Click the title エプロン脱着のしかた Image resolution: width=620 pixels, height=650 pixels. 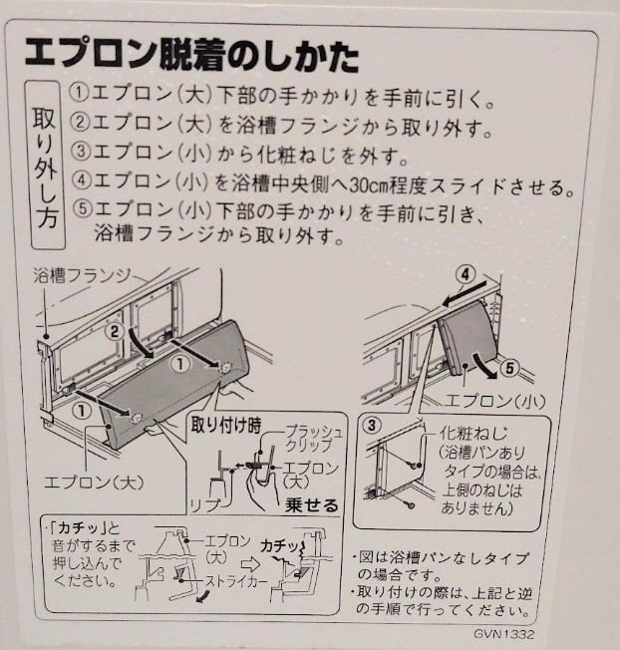click(191, 57)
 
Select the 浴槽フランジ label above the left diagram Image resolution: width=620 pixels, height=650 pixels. click(83, 276)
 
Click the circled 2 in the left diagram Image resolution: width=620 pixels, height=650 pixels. click(115, 332)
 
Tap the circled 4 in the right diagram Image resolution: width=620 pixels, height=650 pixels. click(465, 275)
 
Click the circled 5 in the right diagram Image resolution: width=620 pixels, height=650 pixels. click(509, 367)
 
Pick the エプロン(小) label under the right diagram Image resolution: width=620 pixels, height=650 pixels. click(494, 401)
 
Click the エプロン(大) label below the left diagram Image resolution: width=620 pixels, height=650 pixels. click(94, 482)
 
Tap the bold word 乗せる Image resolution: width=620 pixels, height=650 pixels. click(312, 505)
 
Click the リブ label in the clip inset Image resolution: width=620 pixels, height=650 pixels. click(204, 504)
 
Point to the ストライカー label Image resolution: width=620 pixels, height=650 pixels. click(236, 581)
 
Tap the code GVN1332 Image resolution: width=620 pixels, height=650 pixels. click(504, 634)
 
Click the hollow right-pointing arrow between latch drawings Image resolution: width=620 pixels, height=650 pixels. click(251, 564)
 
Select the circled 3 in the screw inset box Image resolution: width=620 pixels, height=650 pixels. click(372, 426)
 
